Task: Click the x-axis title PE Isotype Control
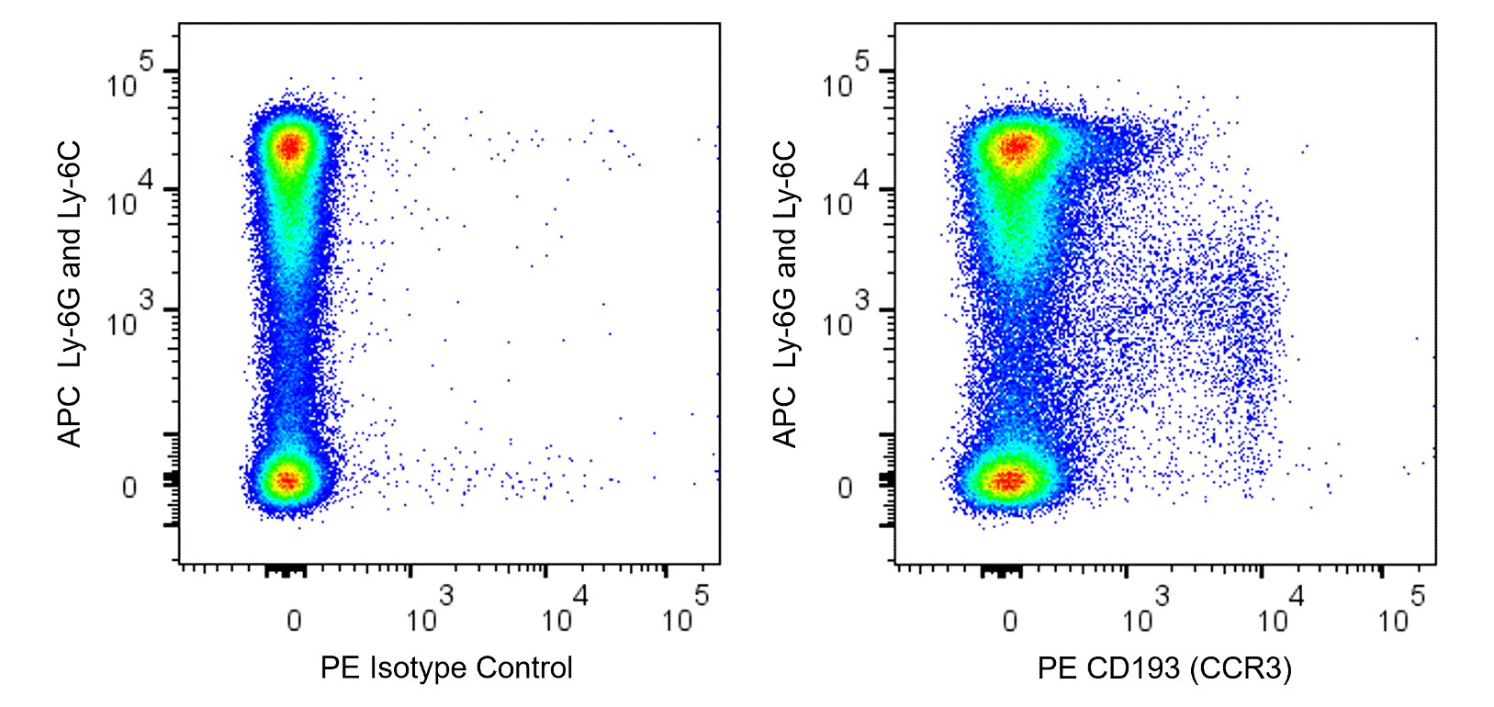(446, 668)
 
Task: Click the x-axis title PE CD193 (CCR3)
(1163, 668)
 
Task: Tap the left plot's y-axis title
(71, 294)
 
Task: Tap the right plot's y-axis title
(786, 294)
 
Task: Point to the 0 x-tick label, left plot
(293, 621)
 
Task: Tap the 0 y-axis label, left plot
(129, 488)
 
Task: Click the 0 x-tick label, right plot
(1009, 621)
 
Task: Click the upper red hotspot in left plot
(290, 146)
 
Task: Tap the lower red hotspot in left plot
(287, 479)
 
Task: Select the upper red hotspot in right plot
(1016, 147)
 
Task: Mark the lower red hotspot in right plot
(1008, 479)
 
